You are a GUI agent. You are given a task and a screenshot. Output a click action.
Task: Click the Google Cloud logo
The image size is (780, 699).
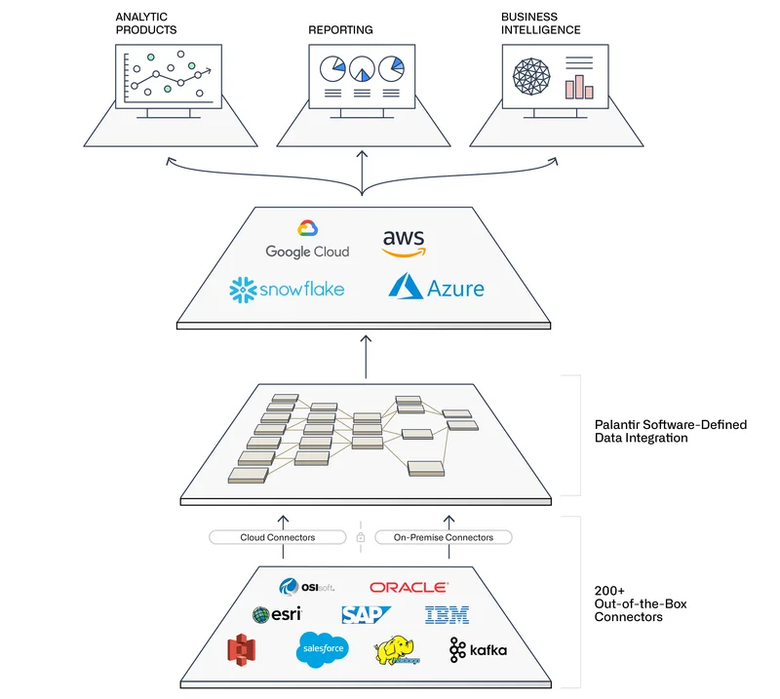coord(307,241)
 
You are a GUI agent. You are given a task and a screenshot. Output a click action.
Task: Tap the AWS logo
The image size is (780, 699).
coord(404,241)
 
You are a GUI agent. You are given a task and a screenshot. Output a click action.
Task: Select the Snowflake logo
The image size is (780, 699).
coord(287,290)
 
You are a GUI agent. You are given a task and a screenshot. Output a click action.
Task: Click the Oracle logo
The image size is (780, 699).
coord(409,587)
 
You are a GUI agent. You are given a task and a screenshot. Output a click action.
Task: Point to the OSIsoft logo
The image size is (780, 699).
coord(306,587)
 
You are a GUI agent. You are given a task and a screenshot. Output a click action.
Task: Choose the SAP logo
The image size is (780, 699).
coord(366,614)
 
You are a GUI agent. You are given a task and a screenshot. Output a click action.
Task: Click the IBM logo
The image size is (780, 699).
coord(447,614)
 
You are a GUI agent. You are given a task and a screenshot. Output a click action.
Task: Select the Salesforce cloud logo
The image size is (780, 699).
coord(324,648)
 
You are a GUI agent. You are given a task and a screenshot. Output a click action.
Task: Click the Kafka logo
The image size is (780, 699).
coord(478,649)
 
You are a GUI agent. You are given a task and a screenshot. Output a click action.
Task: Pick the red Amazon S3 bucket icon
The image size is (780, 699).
coord(241,649)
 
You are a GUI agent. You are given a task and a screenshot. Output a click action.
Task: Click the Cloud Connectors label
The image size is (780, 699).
coord(278,537)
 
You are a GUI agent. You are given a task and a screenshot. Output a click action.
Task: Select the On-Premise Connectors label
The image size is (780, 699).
coord(444,537)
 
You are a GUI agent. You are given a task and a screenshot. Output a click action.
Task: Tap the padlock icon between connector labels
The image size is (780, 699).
coord(361,537)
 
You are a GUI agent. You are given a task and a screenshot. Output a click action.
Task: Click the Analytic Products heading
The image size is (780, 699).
coord(146,23)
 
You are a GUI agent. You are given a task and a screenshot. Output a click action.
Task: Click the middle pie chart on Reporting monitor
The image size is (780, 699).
coord(362,69)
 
